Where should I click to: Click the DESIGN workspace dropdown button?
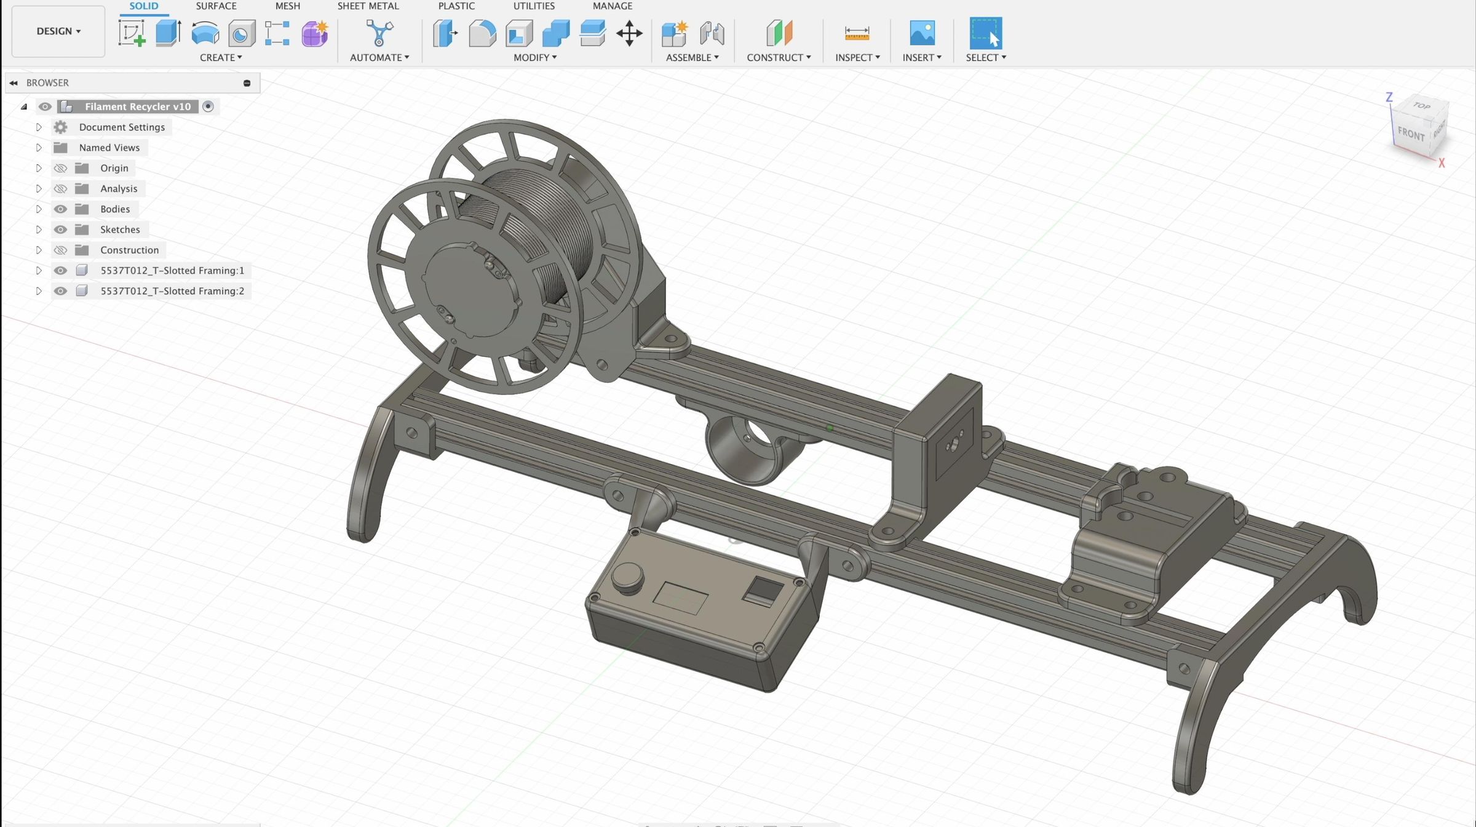[x=58, y=31]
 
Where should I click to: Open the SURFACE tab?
[x=216, y=6]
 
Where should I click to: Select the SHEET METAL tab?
[x=368, y=6]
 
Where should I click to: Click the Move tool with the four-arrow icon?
[x=629, y=33]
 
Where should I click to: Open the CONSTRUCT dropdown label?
[x=778, y=57]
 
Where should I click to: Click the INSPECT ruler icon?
[x=857, y=33]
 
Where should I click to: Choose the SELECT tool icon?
[x=985, y=33]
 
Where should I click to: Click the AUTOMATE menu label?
[x=379, y=57]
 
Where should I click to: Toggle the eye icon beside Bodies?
[x=60, y=209]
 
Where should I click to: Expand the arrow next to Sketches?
[x=39, y=230]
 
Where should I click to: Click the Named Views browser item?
[x=109, y=148]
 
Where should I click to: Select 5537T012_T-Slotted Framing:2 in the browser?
[x=172, y=291]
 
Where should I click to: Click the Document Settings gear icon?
[x=60, y=127]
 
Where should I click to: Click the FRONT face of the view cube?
[x=1411, y=134]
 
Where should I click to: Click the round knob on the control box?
[x=627, y=576]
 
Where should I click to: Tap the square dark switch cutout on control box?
[x=763, y=591]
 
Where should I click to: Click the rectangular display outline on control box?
[x=680, y=597]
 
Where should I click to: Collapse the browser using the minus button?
[x=247, y=83]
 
